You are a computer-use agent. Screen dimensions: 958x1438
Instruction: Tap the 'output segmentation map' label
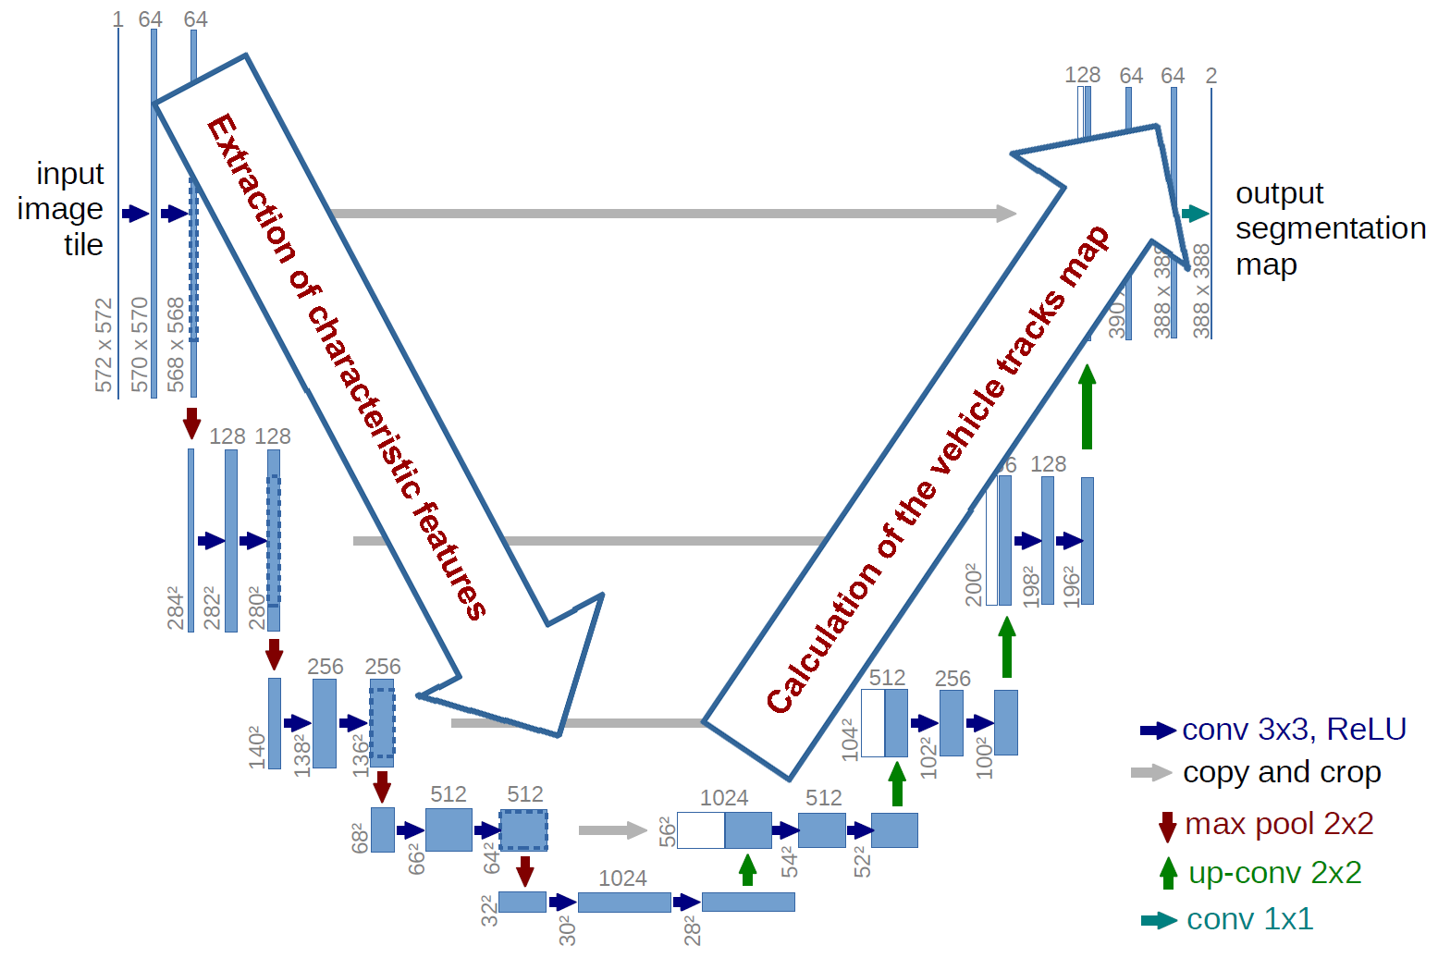coord(1330,228)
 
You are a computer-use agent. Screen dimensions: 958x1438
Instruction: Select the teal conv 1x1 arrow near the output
coord(1195,214)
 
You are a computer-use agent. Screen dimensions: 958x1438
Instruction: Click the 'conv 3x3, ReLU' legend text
coord(1294,730)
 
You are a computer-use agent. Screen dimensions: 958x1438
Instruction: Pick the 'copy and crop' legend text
coord(1282,772)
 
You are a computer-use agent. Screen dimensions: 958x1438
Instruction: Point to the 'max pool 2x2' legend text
coord(1279,823)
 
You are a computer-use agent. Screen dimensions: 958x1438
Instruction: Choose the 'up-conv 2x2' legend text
coord(1274,872)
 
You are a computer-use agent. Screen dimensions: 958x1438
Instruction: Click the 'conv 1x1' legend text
coord(1249,918)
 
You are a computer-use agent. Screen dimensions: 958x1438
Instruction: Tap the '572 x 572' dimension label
coord(104,344)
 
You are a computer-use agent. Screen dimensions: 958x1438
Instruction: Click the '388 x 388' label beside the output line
coord(1201,290)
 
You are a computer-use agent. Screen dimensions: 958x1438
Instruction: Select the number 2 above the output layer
coord(1211,76)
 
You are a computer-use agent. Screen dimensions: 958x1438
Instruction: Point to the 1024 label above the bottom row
coord(622,878)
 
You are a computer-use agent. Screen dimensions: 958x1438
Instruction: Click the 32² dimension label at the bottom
coord(489,910)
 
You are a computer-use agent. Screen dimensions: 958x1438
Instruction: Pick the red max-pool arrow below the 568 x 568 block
coord(191,423)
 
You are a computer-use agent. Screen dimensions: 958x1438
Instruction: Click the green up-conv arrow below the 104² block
coord(896,784)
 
